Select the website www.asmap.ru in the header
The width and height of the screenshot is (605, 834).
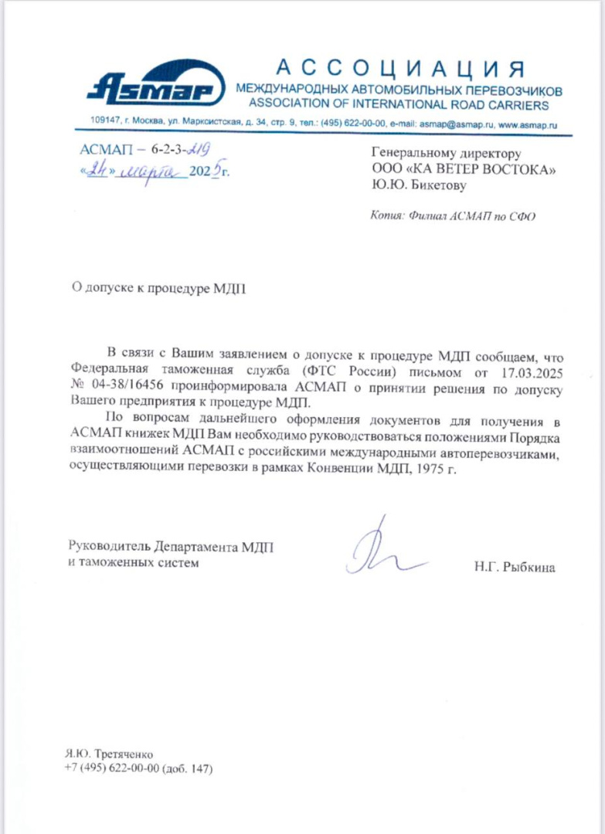[x=529, y=124]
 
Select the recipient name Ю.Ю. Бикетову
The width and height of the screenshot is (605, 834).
[x=420, y=185]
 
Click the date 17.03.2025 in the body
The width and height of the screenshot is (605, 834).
[x=535, y=372]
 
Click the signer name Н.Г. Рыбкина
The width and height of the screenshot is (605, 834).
[x=515, y=568]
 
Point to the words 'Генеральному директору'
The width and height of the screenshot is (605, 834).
[x=436, y=153]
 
